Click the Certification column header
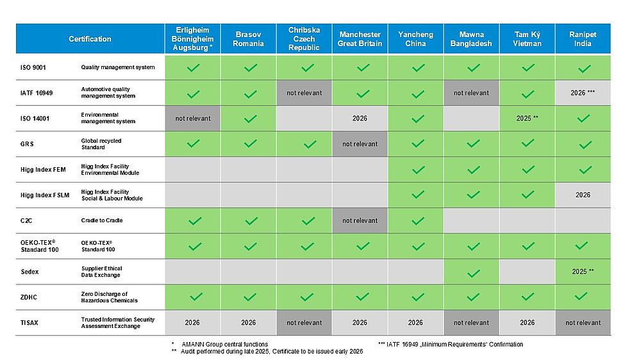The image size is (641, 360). coord(90,39)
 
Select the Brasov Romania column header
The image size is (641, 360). coord(249,39)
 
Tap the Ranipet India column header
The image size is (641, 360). coord(583,39)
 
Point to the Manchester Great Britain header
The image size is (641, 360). coord(360,39)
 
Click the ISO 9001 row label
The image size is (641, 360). coord(33,67)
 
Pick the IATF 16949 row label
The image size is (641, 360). coord(36,93)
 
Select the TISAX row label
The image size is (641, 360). coord(29,323)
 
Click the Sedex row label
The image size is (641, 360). coord(29,272)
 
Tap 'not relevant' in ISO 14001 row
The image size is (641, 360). coord(193,119)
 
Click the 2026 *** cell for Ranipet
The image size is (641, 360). coord(583,93)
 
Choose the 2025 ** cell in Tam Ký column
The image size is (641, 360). coord(527,119)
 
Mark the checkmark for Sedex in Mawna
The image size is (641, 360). coord(473,272)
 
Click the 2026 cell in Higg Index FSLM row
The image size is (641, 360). coord(583,195)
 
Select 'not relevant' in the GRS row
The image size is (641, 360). coord(360,144)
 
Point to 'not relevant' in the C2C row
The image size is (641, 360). coord(360,221)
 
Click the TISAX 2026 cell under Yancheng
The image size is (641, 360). coord(415,323)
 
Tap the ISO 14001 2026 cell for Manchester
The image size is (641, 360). coord(360,119)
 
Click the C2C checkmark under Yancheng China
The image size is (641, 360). coord(418,221)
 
